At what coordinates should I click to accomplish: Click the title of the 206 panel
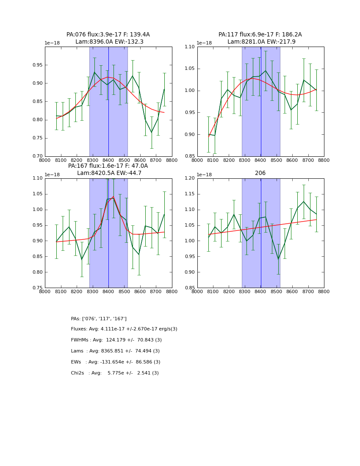tap(260, 173)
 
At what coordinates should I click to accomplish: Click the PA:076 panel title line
tap(108, 35)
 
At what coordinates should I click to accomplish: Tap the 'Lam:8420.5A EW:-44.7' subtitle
tap(109, 173)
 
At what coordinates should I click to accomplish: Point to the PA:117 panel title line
tap(260, 35)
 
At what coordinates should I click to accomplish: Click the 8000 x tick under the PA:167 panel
tap(45, 292)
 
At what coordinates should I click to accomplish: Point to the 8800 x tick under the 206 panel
tap(324, 292)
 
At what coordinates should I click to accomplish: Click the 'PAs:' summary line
tap(99, 319)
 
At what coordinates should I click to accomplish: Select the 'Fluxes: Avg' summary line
tap(124, 329)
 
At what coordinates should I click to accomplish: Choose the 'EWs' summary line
tap(116, 362)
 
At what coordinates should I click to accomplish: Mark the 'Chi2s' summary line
tap(115, 373)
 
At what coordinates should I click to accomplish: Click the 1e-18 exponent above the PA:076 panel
tap(52, 43)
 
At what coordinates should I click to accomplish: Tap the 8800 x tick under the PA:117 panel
tap(324, 160)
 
